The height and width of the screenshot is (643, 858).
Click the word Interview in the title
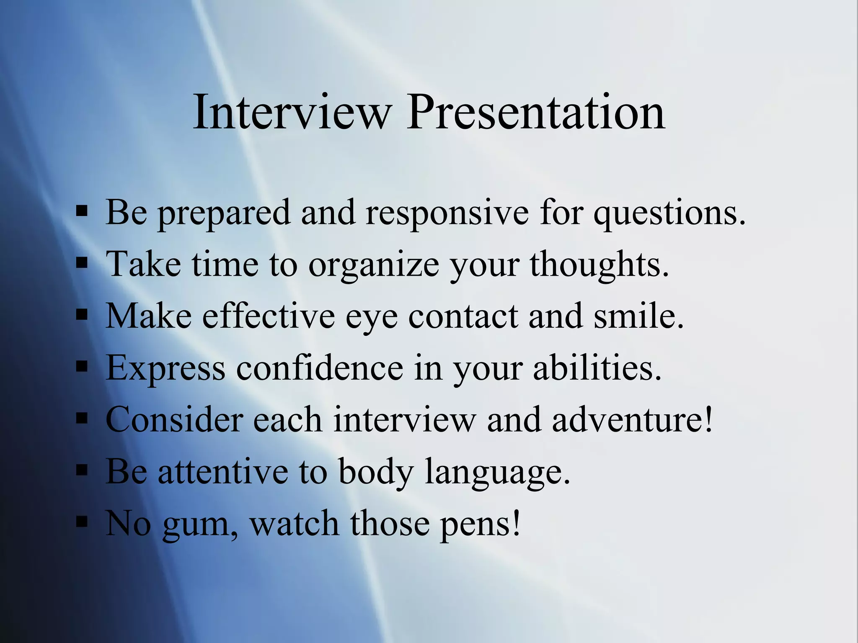tap(292, 112)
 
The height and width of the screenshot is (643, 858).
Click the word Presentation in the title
tap(536, 112)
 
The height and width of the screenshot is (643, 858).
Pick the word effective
tap(269, 316)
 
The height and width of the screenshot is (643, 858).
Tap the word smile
tap(638, 316)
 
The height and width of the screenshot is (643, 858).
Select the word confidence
tap(320, 368)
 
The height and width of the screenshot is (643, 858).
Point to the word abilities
tap(597, 368)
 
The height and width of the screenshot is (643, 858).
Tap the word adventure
tap(632, 419)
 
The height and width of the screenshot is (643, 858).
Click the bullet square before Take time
tap(82, 263)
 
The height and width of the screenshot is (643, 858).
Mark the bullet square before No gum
tap(82, 522)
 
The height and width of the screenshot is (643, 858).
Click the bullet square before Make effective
tap(82, 314)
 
